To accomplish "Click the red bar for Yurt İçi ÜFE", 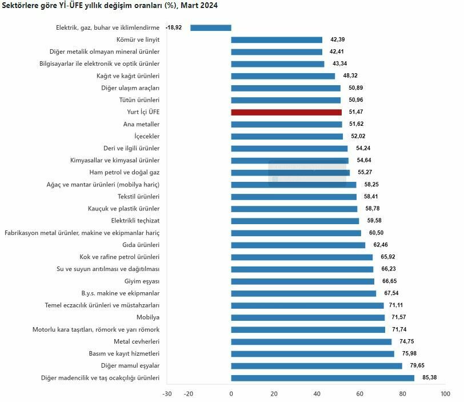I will [286, 112].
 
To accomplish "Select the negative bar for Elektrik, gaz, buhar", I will [211, 27].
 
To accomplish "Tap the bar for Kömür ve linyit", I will [277, 39].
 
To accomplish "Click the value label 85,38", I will [429, 377].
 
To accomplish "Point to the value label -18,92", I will [174, 27].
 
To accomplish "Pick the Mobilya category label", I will [148, 317].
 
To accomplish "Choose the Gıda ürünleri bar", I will [298, 245].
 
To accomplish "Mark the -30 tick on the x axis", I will [167, 393].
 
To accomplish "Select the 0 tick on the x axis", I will [231, 393].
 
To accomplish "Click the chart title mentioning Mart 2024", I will [110, 5].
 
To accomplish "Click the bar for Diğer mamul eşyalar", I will [317, 365].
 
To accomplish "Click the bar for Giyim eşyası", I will [302, 281].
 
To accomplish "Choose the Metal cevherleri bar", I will [311, 341].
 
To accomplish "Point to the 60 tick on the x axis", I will [359, 393].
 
